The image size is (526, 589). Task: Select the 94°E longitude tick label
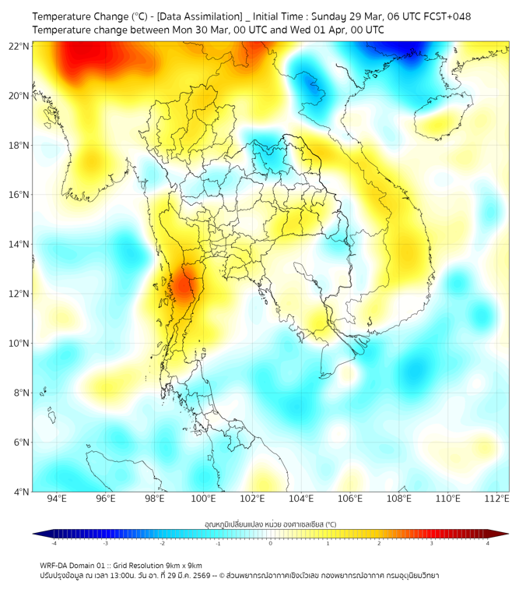[57, 499]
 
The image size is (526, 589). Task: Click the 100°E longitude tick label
[204, 499]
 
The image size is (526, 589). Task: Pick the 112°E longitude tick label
[496, 499]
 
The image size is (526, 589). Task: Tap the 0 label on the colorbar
[271, 543]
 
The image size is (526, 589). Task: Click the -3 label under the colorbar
[105, 543]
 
